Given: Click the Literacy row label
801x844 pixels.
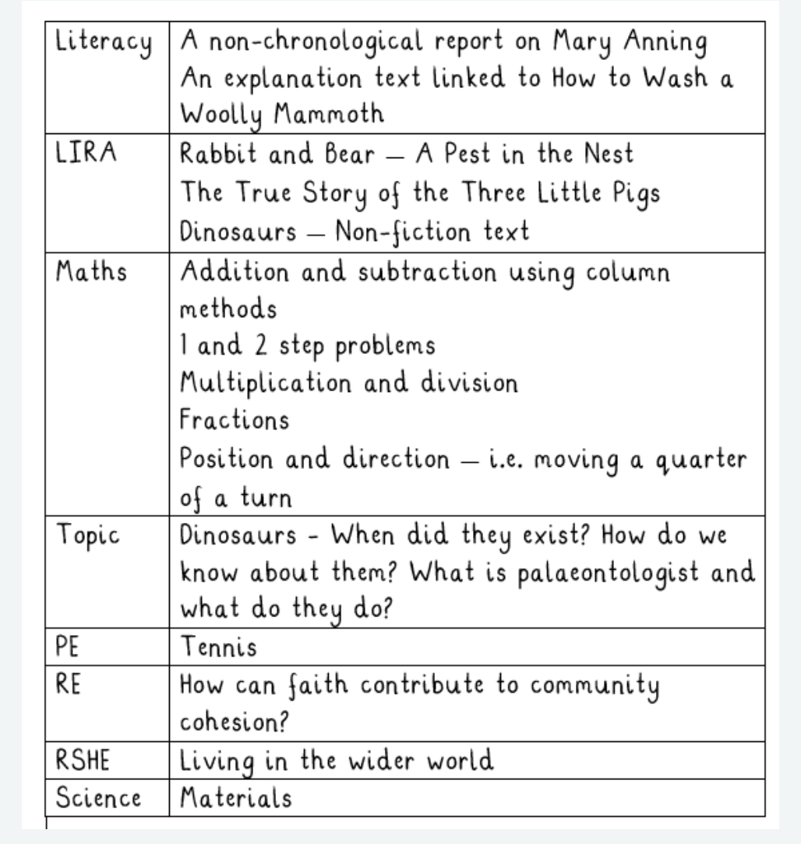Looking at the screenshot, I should tap(103, 44).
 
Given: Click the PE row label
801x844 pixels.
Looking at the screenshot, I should tap(68, 646).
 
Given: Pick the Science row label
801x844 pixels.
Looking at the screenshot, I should tap(98, 799).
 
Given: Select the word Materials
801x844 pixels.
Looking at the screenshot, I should tap(236, 799).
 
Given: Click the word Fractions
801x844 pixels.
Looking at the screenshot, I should tap(235, 421).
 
